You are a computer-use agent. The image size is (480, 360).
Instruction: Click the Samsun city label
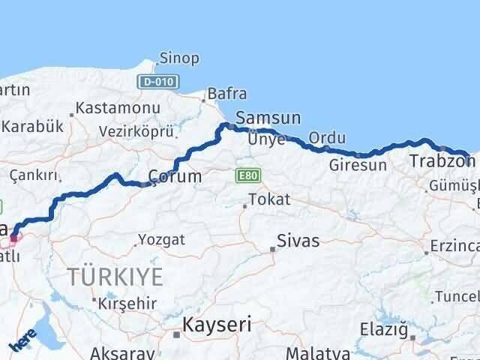pos(268,118)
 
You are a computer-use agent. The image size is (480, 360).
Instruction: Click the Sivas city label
pos(298,241)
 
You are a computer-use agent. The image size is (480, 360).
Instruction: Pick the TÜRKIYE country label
pos(115,276)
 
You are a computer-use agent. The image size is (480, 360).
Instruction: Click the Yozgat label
pos(162,241)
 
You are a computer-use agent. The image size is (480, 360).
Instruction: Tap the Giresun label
pos(358,164)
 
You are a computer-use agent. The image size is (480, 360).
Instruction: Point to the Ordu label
pos(327,138)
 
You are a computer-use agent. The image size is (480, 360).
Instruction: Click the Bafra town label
pos(226,94)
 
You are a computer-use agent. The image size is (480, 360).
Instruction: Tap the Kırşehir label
pos(120,302)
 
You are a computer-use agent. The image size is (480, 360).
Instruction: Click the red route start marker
pos(13,238)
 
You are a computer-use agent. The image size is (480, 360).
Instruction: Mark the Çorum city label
pos(174,177)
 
